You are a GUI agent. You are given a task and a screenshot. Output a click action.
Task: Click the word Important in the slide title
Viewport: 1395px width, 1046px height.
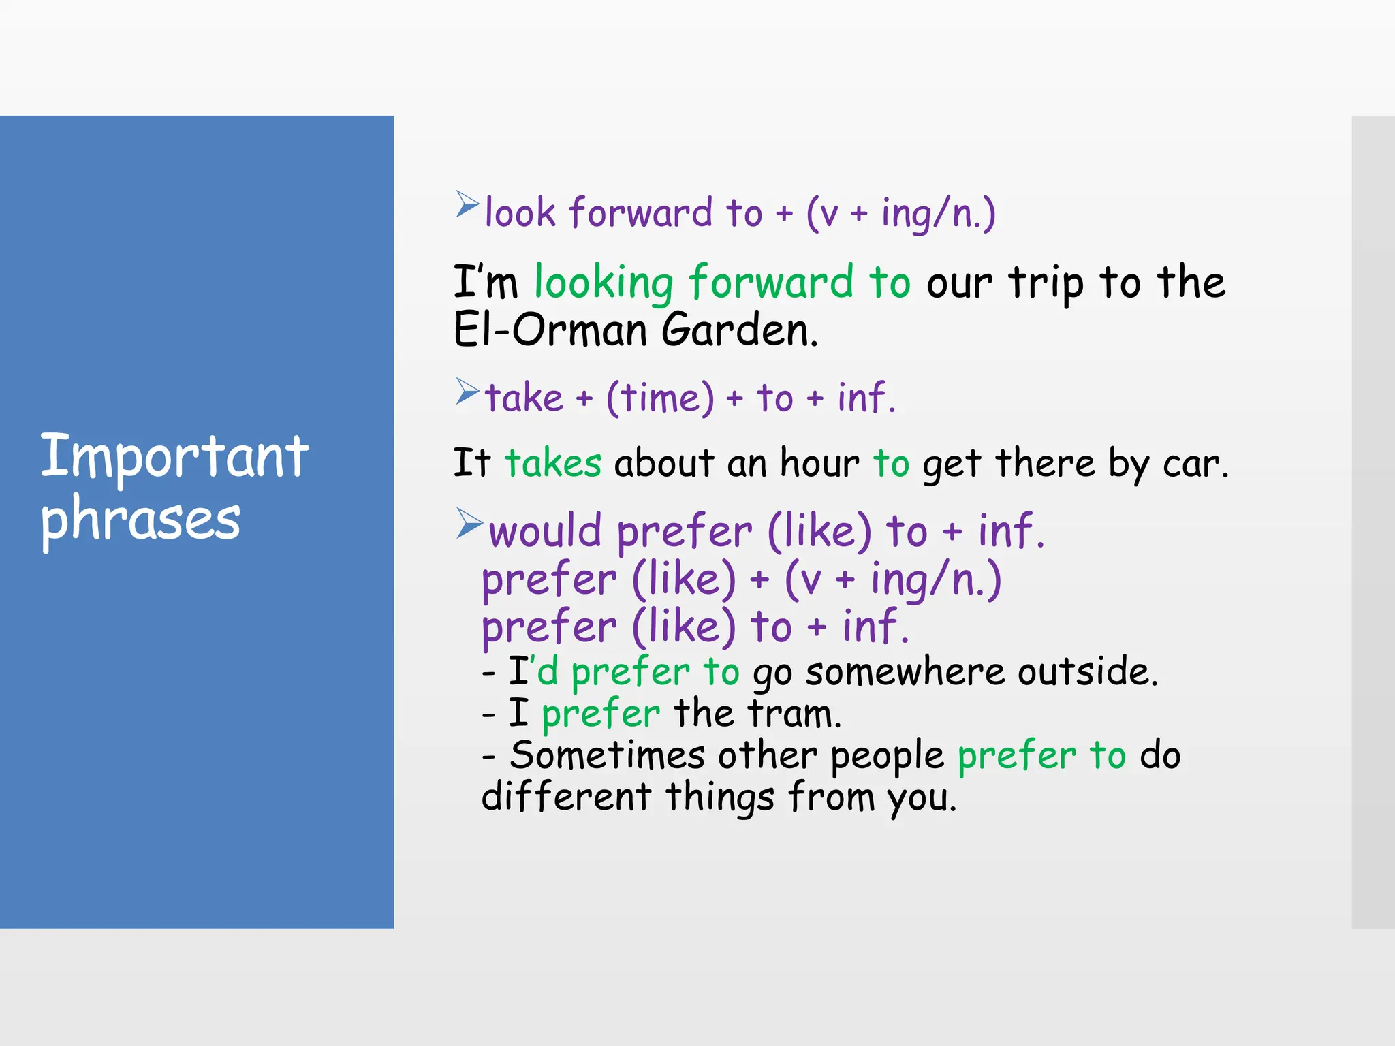174,456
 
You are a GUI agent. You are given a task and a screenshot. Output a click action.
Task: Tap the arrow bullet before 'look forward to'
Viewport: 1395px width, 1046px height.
467,204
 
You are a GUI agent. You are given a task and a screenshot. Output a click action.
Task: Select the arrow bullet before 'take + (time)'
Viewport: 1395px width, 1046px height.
467,392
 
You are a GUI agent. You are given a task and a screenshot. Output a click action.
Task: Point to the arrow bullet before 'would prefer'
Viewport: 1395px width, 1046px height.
469,523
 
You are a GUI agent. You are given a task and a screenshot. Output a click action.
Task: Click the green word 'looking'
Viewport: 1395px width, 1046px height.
604,283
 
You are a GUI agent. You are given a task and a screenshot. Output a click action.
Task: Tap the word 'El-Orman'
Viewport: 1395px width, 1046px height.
550,330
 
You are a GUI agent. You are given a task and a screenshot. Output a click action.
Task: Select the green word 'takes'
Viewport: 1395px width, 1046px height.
553,464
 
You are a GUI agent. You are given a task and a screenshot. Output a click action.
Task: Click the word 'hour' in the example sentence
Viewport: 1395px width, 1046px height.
819,464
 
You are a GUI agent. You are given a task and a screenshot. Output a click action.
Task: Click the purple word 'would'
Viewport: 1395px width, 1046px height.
545,531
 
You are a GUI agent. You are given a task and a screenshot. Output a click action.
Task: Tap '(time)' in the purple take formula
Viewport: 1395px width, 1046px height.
660,398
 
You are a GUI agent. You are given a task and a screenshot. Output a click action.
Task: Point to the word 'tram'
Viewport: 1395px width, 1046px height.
793,714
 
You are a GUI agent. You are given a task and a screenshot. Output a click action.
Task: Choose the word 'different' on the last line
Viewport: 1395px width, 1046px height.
566,797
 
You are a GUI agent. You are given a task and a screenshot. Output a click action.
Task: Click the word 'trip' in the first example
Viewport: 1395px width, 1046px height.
1046,283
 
